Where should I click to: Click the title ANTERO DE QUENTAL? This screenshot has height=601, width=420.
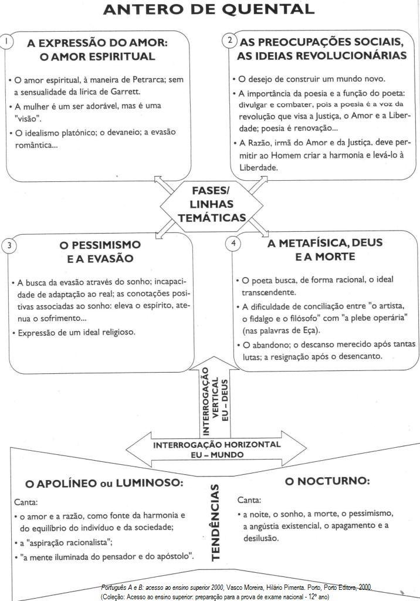pyautogui.click(x=208, y=10)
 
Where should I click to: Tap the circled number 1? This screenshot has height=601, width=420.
pyautogui.click(x=5, y=42)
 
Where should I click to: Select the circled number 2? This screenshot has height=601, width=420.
pyautogui.click(x=229, y=40)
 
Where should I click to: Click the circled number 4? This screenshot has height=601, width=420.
pyautogui.click(x=234, y=242)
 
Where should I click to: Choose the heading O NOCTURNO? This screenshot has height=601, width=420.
pyautogui.click(x=327, y=481)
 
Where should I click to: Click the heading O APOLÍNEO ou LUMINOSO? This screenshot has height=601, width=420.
pyautogui.click(x=104, y=484)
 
